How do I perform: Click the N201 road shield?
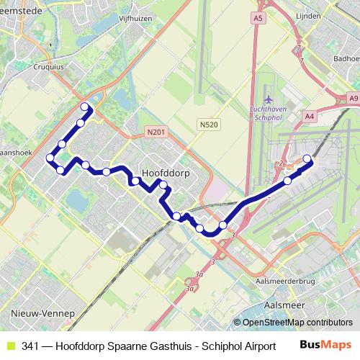pos(155,131)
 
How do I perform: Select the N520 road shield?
pos(209,125)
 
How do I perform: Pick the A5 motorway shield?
pos(258,16)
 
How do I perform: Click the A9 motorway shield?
pos(353,97)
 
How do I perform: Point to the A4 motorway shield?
pos(310,114)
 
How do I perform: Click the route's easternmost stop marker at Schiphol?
pos(307,159)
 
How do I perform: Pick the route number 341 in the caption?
pos(30,346)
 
